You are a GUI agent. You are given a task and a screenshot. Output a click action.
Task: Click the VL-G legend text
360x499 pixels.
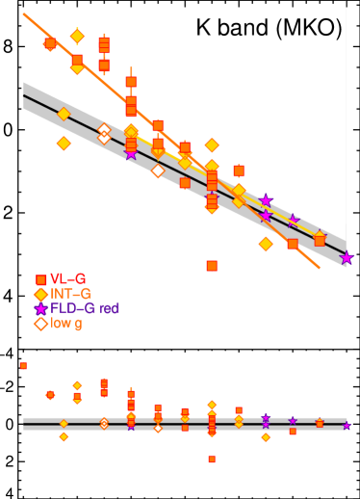(x=67, y=279)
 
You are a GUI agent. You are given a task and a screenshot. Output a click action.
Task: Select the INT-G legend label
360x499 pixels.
(x=70, y=294)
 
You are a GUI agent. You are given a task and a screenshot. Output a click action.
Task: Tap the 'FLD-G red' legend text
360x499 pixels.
(x=85, y=308)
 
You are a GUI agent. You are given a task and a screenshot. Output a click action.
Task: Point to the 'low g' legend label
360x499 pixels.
(x=66, y=324)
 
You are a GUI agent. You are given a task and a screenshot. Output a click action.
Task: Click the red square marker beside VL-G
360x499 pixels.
(x=41, y=280)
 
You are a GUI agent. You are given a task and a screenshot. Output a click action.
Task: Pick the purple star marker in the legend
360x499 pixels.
(x=41, y=309)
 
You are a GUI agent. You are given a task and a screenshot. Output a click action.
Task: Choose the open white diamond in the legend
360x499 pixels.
(x=41, y=324)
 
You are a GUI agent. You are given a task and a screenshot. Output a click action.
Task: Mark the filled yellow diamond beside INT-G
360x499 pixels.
(x=41, y=295)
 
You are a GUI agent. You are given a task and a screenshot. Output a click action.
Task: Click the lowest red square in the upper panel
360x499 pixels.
(x=212, y=266)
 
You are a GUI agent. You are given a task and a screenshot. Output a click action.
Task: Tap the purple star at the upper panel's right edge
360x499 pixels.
(x=347, y=258)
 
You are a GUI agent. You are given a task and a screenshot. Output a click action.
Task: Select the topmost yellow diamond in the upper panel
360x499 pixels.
(x=77, y=37)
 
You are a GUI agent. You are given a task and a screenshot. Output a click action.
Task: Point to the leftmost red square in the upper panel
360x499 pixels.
(x=50, y=43)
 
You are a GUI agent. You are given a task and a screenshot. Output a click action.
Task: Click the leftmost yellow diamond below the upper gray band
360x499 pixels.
(x=64, y=144)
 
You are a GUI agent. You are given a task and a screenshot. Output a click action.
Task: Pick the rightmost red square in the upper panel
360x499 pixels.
(x=320, y=240)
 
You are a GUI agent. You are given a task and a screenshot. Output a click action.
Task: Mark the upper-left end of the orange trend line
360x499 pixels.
(x=24, y=14)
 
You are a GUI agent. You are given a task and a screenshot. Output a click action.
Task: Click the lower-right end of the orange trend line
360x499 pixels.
(x=319, y=268)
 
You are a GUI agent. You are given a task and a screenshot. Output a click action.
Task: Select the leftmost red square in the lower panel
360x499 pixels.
(x=24, y=366)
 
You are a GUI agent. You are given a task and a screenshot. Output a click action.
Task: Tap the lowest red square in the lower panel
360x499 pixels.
(x=212, y=460)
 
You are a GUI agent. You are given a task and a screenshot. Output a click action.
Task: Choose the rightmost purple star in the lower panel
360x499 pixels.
(x=347, y=425)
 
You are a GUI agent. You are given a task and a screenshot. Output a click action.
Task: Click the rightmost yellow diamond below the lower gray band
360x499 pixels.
(x=266, y=437)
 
